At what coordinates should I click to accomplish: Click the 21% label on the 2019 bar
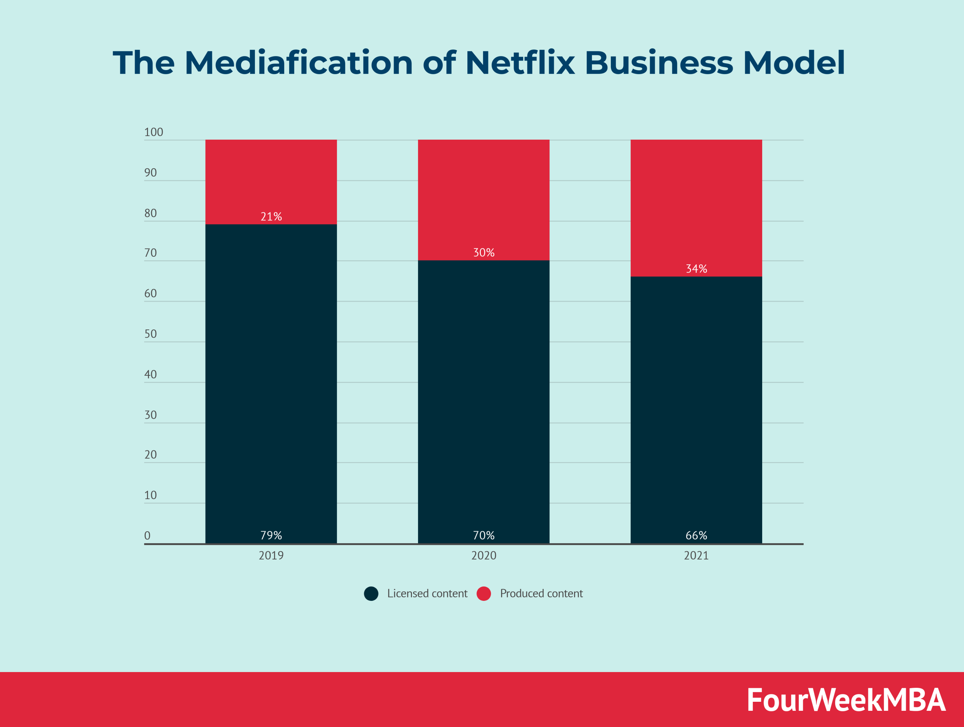pyautogui.click(x=271, y=216)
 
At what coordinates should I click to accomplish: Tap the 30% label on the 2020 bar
pyautogui.click(x=484, y=253)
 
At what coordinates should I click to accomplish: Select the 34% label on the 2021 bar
pyautogui.click(x=696, y=269)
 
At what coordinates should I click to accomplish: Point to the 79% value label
pyautogui.click(x=271, y=535)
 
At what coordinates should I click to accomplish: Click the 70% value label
pyautogui.click(x=484, y=535)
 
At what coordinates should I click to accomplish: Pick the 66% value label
pyautogui.click(x=696, y=535)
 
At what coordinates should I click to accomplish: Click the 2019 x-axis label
pyautogui.click(x=271, y=556)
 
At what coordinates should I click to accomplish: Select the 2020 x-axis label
pyautogui.click(x=484, y=556)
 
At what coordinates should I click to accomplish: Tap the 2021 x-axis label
pyautogui.click(x=696, y=556)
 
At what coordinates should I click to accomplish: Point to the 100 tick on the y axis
pyautogui.click(x=153, y=133)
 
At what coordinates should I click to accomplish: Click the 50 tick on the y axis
pyautogui.click(x=150, y=334)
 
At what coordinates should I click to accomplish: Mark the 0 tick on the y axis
pyautogui.click(x=147, y=536)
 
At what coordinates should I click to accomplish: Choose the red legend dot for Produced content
pyautogui.click(x=484, y=594)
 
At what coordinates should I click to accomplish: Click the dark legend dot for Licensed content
pyautogui.click(x=371, y=594)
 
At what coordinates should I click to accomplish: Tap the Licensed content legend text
pyautogui.click(x=427, y=594)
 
